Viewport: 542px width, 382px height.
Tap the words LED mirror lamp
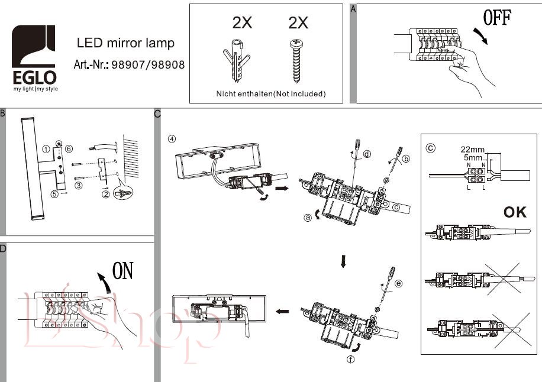tap(125, 43)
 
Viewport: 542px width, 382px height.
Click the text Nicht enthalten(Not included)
tap(270, 93)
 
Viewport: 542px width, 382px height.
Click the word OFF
tap(497, 18)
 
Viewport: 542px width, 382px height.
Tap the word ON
tap(123, 271)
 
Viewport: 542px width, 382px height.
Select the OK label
tap(514, 212)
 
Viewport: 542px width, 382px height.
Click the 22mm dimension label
tap(471, 150)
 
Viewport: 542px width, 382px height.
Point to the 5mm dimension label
tap(472, 158)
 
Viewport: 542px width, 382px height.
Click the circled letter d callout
tap(367, 154)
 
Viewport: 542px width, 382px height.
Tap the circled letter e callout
tap(398, 284)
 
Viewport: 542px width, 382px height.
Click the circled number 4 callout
tap(172, 140)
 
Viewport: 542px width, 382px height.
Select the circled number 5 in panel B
tap(54, 193)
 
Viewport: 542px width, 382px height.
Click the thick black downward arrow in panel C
tap(344, 261)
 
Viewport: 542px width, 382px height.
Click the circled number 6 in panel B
tap(69, 148)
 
